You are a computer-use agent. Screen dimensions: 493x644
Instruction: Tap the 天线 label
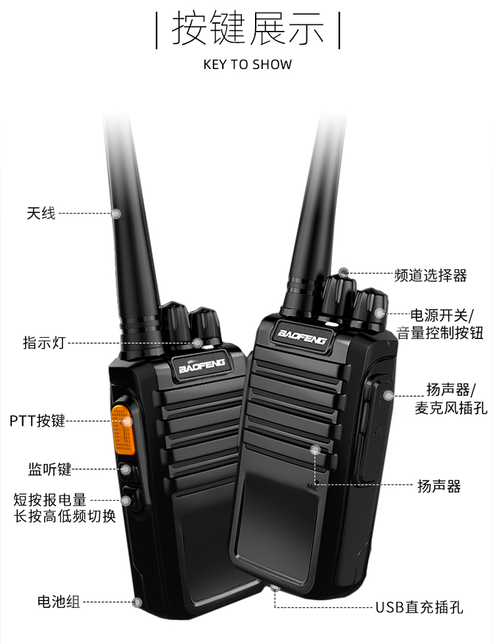click(41, 213)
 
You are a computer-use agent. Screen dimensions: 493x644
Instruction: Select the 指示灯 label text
click(45, 342)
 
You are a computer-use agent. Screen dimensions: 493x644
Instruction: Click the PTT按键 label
click(37, 421)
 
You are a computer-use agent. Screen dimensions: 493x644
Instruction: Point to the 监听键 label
click(50, 469)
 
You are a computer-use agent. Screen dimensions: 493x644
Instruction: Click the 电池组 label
click(59, 602)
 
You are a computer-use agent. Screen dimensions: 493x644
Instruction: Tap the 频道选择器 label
click(431, 275)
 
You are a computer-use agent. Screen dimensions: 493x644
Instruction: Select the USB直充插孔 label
click(419, 607)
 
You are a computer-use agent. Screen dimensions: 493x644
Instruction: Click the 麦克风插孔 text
click(451, 408)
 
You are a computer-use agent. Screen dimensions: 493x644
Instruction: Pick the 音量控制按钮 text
click(440, 333)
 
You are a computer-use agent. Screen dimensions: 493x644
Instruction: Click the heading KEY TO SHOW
click(248, 64)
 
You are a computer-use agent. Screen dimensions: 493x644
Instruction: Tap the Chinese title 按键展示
click(248, 28)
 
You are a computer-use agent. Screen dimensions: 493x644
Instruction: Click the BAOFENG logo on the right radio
click(302, 336)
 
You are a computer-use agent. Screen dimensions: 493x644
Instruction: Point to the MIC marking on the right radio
click(312, 487)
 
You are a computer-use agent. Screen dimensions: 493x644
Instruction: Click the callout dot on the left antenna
click(117, 214)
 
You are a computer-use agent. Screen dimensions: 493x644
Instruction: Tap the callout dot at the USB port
click(275, 589)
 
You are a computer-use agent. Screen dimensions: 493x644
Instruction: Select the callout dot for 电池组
click(137, 602)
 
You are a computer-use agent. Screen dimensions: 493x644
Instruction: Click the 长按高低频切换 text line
click(65, 516)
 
